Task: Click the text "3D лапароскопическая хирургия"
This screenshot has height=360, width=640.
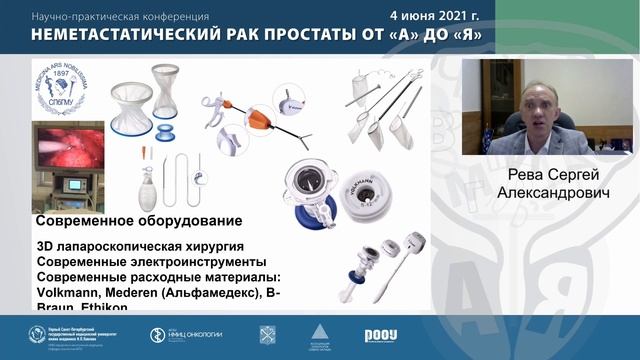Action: point(139,246)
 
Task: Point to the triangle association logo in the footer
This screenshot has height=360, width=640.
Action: point(319,334)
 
